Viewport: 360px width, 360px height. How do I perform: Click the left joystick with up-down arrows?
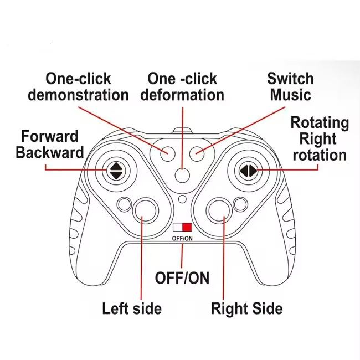click(116, 169)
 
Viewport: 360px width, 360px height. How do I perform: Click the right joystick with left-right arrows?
click(247, 170)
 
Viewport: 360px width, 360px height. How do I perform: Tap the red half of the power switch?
click(187, 227)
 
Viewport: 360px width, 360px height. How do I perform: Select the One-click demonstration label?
click(78, 87)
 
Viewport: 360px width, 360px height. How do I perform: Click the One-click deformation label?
click(182, 87)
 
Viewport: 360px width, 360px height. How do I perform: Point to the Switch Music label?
click(290, 86)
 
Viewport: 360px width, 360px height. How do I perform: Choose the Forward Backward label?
click(50, 144)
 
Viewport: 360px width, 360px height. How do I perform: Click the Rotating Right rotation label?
click(320, 138)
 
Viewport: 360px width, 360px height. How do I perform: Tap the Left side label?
click(132, 308)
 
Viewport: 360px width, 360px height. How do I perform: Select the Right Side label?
click(247, 308)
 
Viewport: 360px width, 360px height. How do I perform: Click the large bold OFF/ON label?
click(182, 277)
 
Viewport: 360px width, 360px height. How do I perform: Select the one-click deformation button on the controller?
click(182, 174)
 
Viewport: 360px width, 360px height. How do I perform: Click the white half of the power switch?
click(178, 227)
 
